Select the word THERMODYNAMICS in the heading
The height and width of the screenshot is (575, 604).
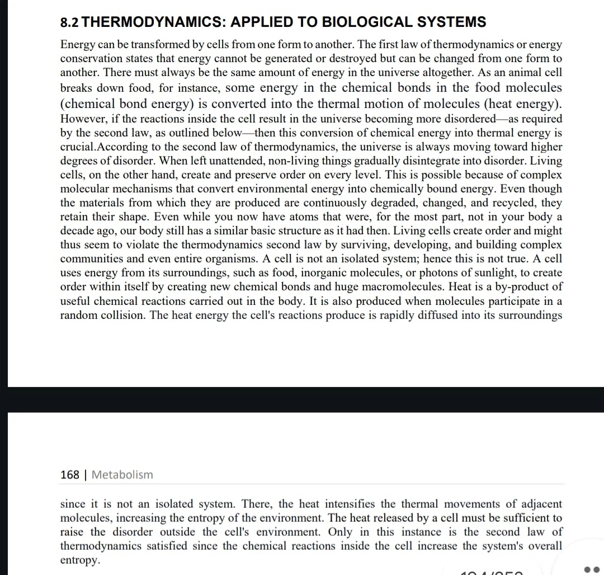pyautogui.click(x=152, y=22)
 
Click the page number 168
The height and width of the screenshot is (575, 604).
pyautogui.click(x=69, y=475)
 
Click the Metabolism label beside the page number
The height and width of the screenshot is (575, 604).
pyautogui.click(x=122, y=475)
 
